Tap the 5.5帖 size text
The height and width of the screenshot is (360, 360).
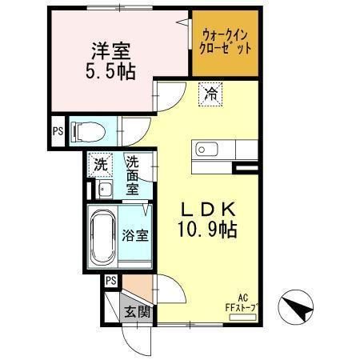pos(111,72)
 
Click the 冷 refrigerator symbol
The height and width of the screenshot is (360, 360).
pos(211,94)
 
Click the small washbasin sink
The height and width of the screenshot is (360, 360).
pos(104,190)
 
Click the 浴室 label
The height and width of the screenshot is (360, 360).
pos(135,236)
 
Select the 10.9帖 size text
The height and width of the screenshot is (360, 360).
pos(207,230)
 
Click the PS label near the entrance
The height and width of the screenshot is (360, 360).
pos(111,279)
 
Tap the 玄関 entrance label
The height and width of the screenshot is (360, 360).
pos(135,311)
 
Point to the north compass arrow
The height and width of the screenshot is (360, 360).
pos(299,306)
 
